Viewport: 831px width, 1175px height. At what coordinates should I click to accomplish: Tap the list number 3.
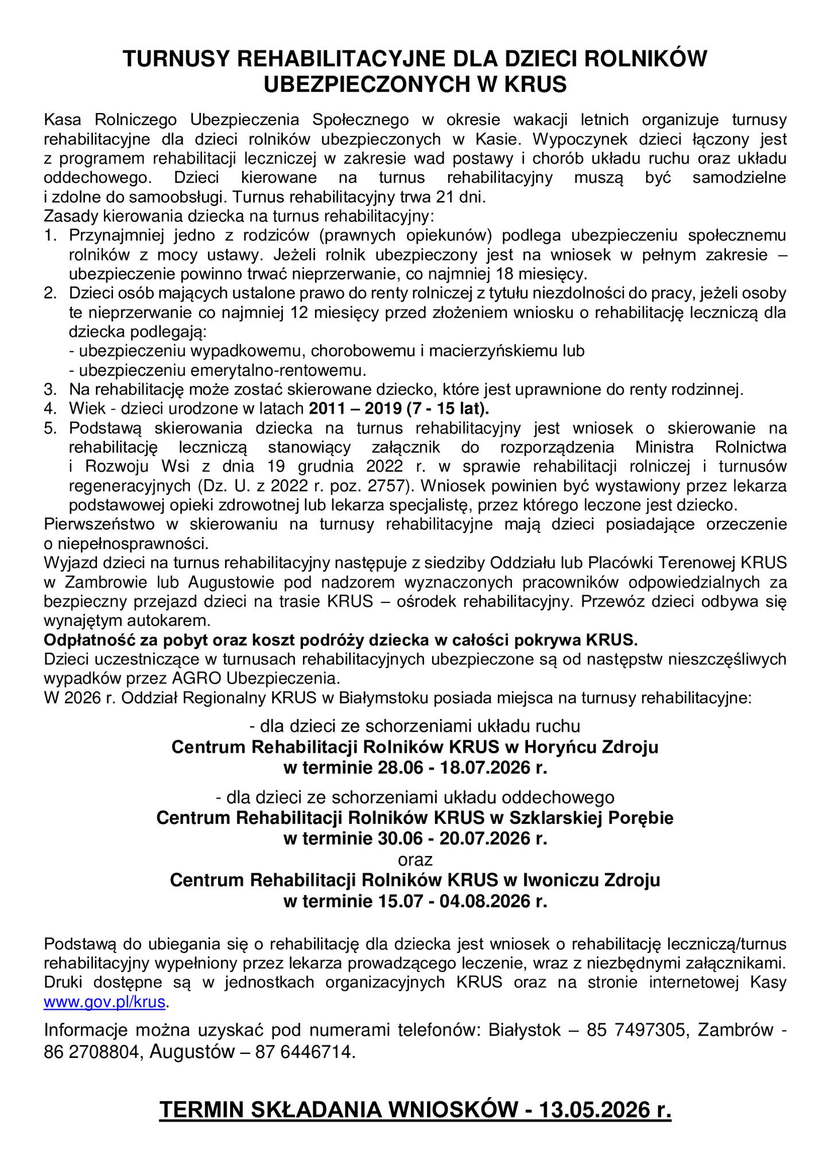[x=51, y=390]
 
